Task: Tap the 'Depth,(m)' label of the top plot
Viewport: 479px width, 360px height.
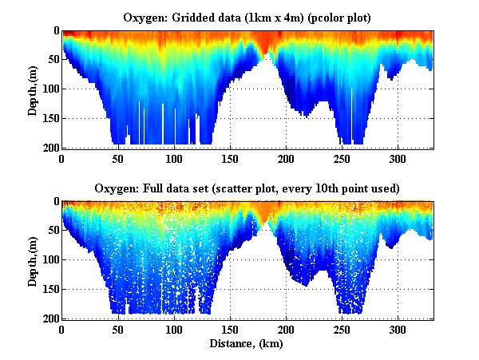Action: (33, 89)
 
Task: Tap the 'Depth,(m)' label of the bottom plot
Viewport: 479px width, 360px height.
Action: (33, 260)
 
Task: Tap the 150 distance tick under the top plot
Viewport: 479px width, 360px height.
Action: (230, 158)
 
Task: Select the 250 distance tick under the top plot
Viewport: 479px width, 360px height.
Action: (342, 158)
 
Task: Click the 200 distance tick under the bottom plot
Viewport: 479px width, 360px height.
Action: (287, 329)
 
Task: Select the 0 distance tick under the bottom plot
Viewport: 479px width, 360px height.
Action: (62, 329)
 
